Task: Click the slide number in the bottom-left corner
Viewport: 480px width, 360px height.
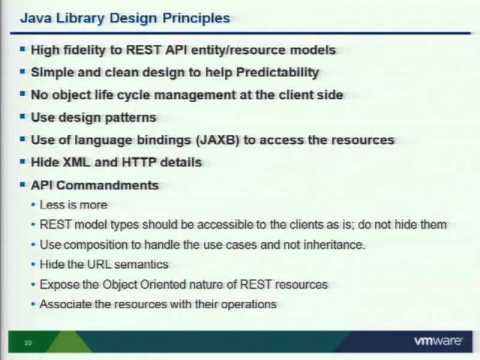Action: pos(29,342)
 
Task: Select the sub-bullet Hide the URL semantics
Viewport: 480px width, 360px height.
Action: pos(104,265)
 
